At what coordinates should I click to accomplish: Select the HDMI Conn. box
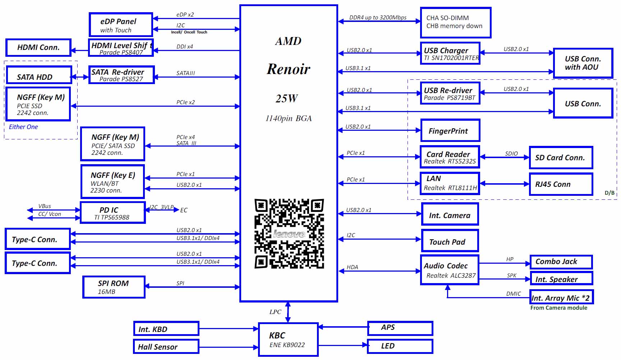(38, 47)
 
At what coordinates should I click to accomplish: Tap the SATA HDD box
(39, 75)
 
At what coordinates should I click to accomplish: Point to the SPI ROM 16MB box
(114, 287)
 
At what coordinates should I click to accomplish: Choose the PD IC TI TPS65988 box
(113, 213)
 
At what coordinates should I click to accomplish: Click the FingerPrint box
(450, 130)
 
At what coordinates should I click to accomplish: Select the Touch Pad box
(450, 241)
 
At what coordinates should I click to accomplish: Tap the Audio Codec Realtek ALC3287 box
(450, 270)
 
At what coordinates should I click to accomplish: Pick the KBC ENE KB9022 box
(288, 340)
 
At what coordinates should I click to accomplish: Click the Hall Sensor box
(166, 346)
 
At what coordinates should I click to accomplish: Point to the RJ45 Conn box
(561, 184)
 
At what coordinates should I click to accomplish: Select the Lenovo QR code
(289, 234)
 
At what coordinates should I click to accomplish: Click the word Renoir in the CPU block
(289, 69)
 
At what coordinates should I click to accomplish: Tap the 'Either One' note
(23, 127)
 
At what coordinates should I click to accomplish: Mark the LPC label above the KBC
(275, 312)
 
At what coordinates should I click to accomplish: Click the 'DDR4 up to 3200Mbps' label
(378, 18)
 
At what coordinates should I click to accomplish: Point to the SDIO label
(511, 153)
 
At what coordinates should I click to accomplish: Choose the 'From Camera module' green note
(559, 308)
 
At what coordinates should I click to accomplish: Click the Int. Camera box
(450, 214)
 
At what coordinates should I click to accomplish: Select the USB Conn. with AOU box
(583, 63)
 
